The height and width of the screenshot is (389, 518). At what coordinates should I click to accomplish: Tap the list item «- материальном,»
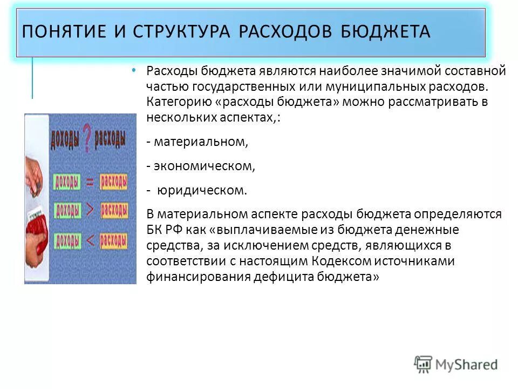point(197,142)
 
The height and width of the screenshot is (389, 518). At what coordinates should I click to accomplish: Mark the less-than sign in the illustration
point(90,239)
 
